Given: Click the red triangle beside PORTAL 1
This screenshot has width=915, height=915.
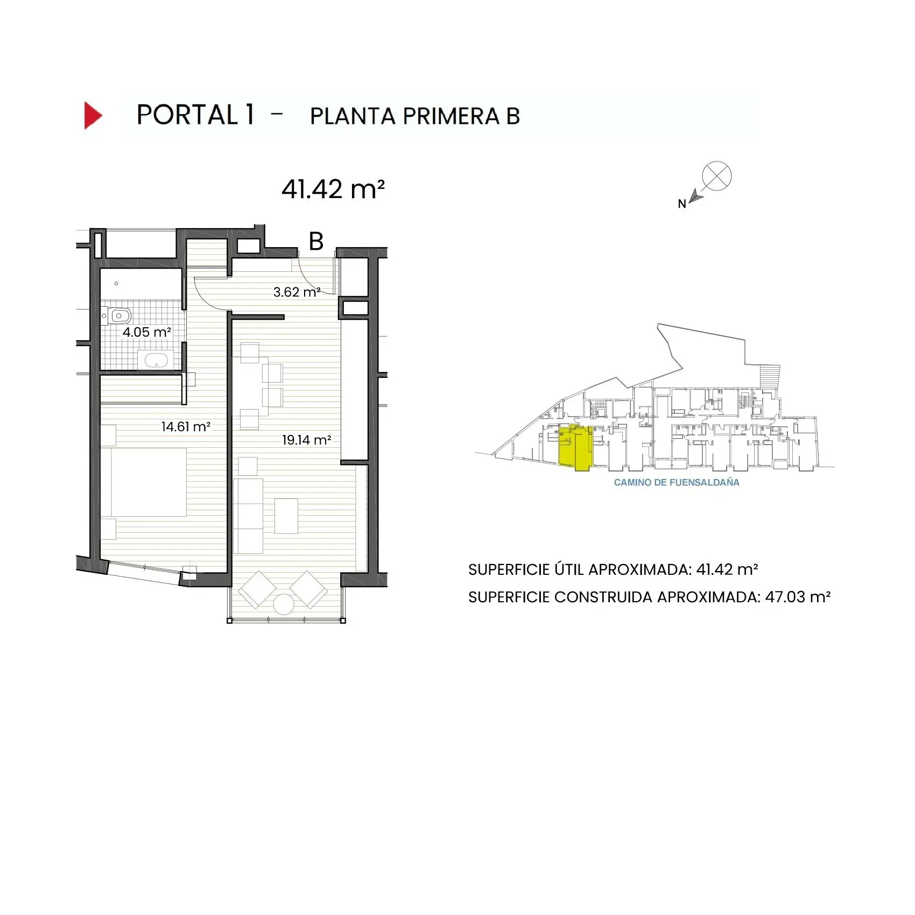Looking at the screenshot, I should [x=92, y=115].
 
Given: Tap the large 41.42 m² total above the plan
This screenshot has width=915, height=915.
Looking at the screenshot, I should [x=333, y=189].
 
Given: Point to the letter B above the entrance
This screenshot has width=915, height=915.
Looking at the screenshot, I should [x=316, y=242].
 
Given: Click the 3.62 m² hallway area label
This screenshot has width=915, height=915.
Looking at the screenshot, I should [x=297, y=292].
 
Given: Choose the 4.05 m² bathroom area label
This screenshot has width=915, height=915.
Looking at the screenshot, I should [x=146, y=332].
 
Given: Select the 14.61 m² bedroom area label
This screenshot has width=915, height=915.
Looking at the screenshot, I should [x=186, y=427].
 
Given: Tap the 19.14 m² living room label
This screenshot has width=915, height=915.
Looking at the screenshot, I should [x=306, y=440].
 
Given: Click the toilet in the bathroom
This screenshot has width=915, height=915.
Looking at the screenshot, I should [x=118, y=316].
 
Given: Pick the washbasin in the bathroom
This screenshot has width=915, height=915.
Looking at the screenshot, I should [x=156, y=360].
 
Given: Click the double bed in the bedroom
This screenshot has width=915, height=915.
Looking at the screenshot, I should [x=149, y=482].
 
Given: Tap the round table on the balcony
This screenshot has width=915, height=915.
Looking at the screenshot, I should [x=284, y=604].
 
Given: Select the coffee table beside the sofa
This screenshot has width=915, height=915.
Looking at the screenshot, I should [x=286, y=516].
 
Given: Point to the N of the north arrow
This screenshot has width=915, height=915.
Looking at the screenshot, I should [x=681, y=204].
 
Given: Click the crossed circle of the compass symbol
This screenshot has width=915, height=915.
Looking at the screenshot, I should [x=717, y=176].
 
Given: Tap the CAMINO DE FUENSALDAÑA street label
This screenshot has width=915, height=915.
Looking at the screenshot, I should [x=677, y=483].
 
